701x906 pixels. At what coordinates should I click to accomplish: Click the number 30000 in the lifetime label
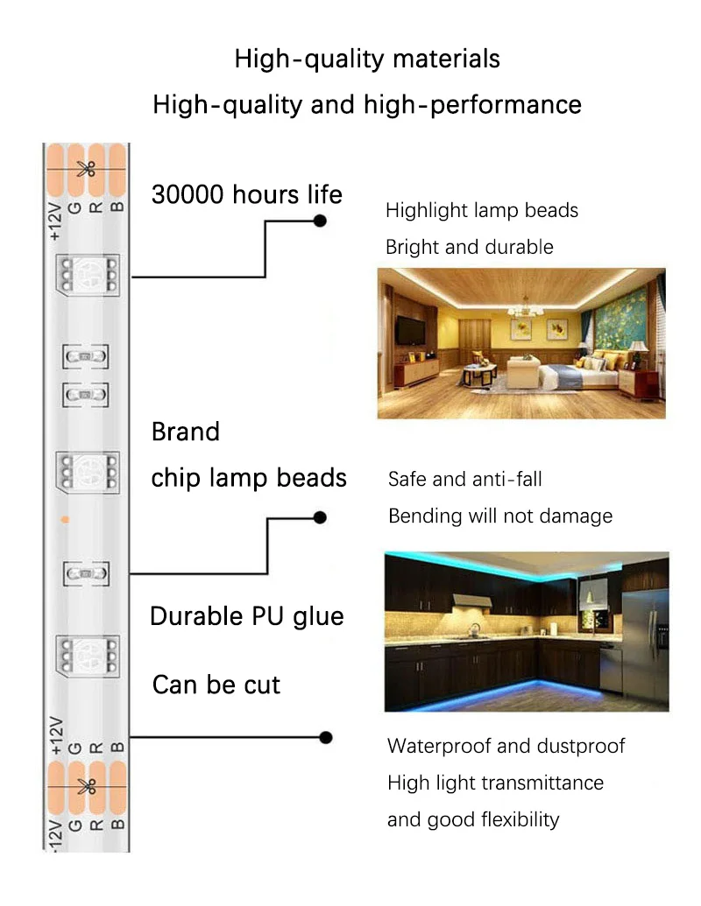[x=188, y=194]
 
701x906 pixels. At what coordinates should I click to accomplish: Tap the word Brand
[x=186, y=432]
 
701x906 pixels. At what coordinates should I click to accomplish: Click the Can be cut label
[x=216, y=684]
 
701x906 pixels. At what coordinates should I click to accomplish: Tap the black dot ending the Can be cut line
[x=326, y=737]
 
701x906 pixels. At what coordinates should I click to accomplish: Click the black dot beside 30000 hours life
[x=320, y=221]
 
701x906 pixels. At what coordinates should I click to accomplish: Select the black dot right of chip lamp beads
[x=320, y=517]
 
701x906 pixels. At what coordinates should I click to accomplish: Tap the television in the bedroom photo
[x=409, y=330]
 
